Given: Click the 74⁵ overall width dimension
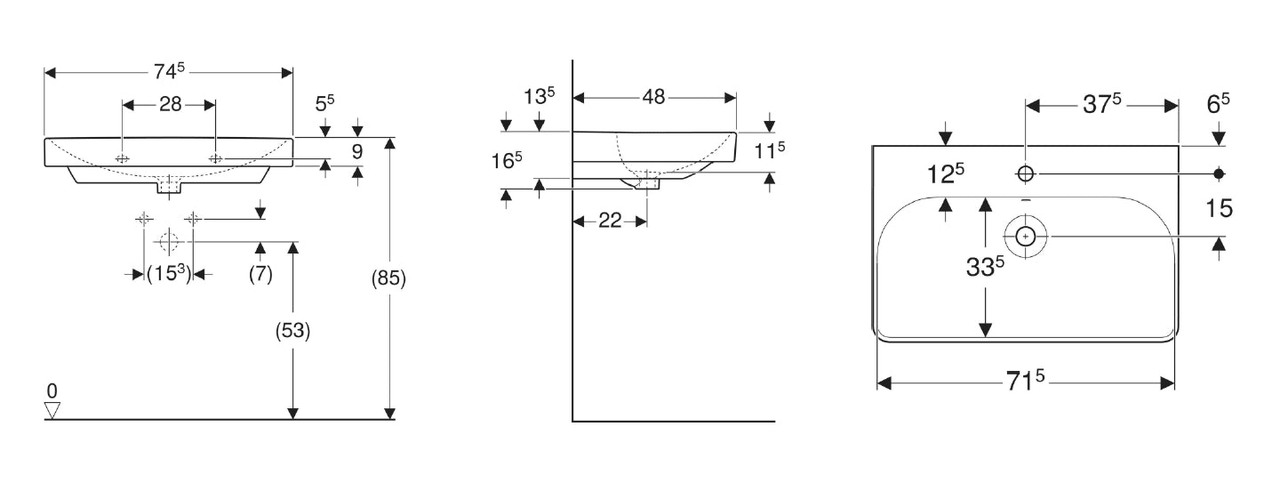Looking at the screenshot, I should click(169, 71).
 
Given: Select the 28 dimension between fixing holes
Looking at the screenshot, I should click(170, 104).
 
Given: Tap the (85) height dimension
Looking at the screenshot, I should click(388, 278).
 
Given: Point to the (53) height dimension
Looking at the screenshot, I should click(292, 331).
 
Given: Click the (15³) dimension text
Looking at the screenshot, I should click(169, 274).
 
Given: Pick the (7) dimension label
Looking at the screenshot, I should click(260, 274).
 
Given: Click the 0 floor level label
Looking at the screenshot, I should click(52, 390).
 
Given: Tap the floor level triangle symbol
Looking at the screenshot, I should click(52, 410).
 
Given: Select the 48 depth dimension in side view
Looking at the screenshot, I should click(653, 97).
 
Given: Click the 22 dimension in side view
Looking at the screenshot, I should click(610, 221).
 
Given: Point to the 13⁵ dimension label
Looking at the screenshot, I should click(539, 96).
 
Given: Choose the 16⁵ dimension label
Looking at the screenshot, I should click(507, 161).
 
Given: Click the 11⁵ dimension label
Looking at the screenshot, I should click(770, 150).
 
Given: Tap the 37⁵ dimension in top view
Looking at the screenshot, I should click(1101, 104).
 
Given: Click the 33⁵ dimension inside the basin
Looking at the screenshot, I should click(986, 267).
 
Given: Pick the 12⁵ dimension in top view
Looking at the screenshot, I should click(947, 173).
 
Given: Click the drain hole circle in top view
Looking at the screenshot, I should click(1026, 236).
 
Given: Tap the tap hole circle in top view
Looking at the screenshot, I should click(1026, 173).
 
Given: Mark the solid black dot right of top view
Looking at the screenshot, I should click(1220, 173).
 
